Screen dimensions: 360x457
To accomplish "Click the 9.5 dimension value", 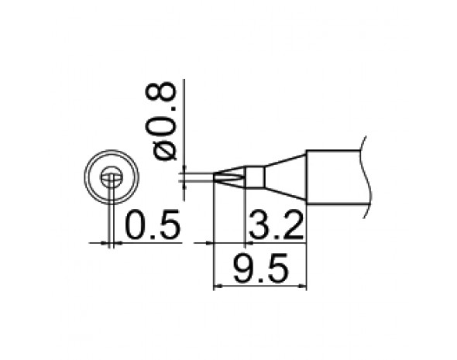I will pyautogui.click(x=260, y=270).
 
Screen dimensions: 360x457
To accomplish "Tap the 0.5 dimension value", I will pyautogui.click(x=152, y=226).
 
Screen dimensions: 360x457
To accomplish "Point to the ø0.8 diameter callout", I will pyautogui.click(x=166, y=123).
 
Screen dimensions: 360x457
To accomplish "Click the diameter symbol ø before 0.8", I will pyautogui.click(x=166, y=150).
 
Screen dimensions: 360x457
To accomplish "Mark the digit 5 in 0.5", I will pyautogui.click(x=169, y=226).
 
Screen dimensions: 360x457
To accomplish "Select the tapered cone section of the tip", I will pyautogui.click(x=283, y=177).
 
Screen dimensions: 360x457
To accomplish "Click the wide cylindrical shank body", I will pyautogui.click(x=333, y=177).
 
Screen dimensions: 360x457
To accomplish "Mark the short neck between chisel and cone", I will pyautogui.click(x=253, y=177).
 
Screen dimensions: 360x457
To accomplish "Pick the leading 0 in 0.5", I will pyautogui.click(x=134, y=226).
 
